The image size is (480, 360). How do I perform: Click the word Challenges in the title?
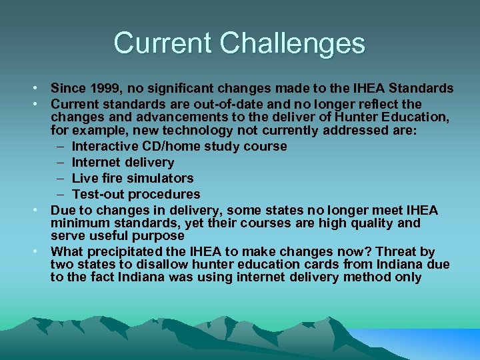(293, 43)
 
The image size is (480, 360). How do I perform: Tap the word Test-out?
(98, 194)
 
